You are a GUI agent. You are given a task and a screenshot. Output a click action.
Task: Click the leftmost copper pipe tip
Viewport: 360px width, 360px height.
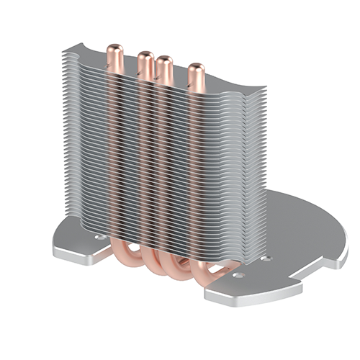(113, 53)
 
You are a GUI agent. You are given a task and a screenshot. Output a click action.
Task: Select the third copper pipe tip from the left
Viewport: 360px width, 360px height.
(163, 63)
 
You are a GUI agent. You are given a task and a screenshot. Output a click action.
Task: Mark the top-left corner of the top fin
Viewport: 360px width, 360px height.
(65, 50)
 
